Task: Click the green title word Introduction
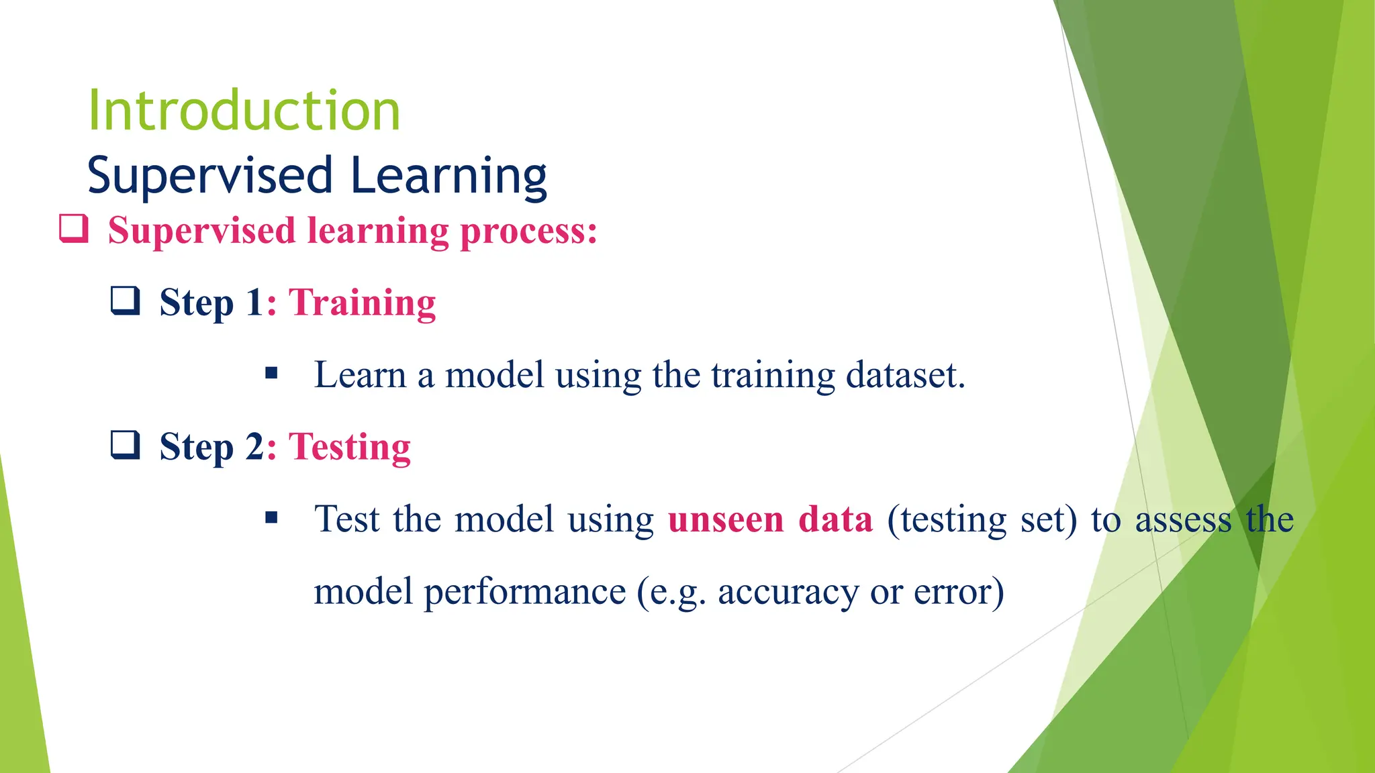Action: (244, 111)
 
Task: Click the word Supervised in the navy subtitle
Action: (210, 176)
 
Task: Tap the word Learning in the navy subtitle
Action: (448, 176)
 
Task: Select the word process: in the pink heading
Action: (528, 231)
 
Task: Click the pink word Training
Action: (363, 303)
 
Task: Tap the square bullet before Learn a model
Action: (271, 374)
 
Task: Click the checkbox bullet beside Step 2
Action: (126, 444)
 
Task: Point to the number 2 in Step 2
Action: (255, 447)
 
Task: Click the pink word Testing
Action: (350, 448)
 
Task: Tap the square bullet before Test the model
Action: (271, 517)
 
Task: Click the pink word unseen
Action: (726, 519)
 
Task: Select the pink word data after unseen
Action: (835, 519)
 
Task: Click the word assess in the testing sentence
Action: (1183, 520)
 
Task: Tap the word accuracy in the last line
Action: (788, 592)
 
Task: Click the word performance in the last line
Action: (524, 592)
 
